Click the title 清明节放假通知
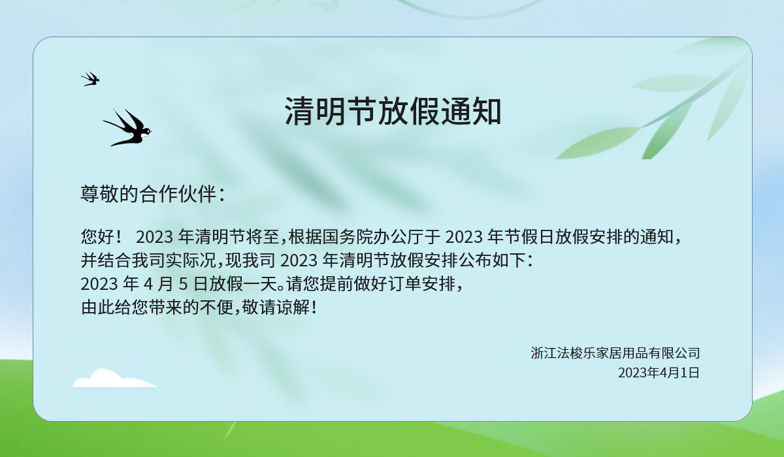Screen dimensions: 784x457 click(393, 111)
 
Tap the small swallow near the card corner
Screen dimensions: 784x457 click(90, 79)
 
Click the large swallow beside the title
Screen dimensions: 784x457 click(127, 128)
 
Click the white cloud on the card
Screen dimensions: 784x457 click(114, 378)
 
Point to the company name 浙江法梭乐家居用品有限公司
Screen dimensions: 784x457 click(615, 353)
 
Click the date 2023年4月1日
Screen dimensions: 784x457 click(659, 373)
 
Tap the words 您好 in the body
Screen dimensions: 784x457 click(97, 237)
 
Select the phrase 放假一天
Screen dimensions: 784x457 click(243, 283)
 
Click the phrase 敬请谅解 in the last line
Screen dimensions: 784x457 click(276, 307)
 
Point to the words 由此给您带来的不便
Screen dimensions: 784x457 click(157, 307)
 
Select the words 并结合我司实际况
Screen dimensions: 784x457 click(148, 260)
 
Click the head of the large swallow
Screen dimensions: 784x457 click(147, 131)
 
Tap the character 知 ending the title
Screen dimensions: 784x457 click(487, 111)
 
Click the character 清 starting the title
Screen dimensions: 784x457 click(299, 111)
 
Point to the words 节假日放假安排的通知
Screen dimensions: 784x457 click(589, 237)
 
